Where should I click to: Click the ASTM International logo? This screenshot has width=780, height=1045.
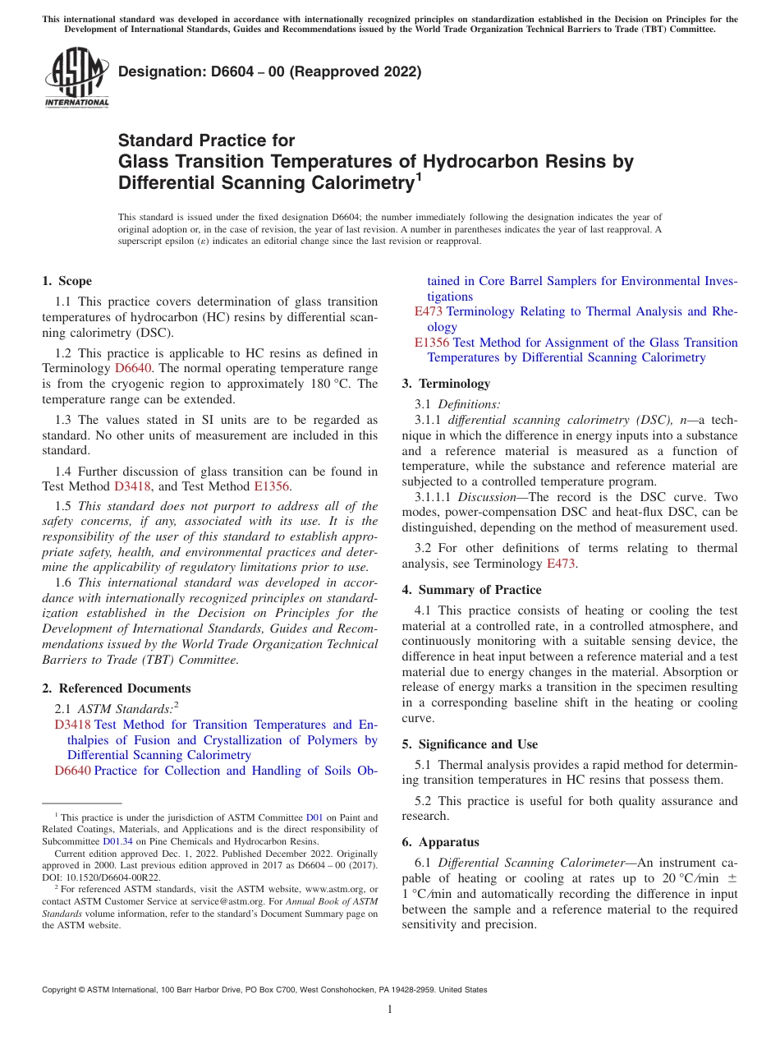76,78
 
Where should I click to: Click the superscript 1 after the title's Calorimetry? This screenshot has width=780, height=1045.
418,176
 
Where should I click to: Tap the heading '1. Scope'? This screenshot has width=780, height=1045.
67,281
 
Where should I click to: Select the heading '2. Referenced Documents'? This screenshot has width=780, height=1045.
117,688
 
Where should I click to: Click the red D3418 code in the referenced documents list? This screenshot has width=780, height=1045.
72,725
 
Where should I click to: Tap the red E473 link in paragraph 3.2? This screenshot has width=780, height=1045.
561,564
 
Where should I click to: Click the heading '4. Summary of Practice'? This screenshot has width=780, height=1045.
471,590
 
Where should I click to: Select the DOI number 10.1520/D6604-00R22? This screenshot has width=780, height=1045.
113,877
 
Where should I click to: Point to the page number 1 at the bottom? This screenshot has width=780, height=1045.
390,1009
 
